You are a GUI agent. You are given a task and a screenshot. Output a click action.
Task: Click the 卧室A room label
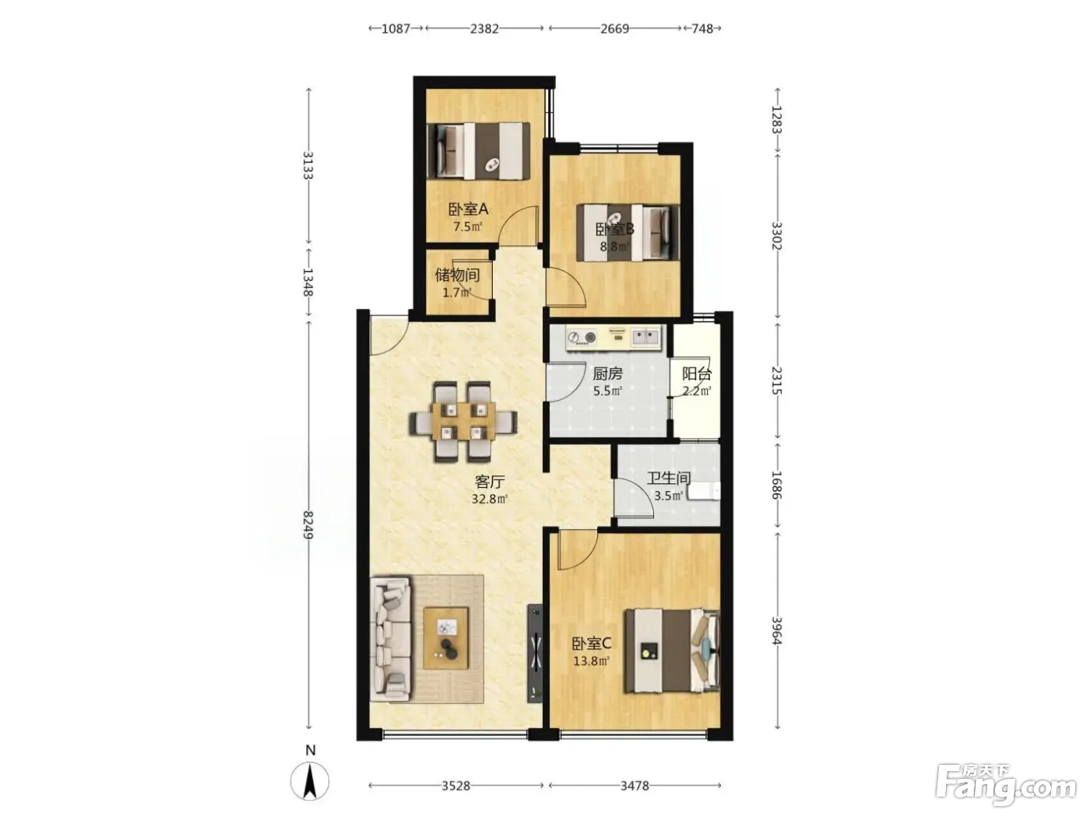[468, 209]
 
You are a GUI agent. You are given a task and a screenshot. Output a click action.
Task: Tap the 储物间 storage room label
[457, 275]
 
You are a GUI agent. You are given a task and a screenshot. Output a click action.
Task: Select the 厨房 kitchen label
[607, 373]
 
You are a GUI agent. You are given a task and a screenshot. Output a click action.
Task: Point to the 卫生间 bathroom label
[668, 479]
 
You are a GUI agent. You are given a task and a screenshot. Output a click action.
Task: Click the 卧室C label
[591, 644]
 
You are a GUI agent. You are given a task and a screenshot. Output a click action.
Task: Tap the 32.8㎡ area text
[489, 499]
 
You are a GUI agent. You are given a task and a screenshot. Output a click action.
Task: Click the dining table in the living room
[463, 422]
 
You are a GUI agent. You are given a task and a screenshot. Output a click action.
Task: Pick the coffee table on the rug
[445, 638]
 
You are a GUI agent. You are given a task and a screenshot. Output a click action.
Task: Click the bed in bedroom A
[478, 151]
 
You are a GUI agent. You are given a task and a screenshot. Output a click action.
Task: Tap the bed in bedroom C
[672, 650]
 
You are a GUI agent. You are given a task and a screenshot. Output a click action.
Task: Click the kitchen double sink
[645, 337]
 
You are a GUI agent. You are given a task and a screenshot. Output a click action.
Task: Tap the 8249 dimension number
[308, 525]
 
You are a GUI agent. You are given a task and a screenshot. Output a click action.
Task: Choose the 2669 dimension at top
[615, 29]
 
